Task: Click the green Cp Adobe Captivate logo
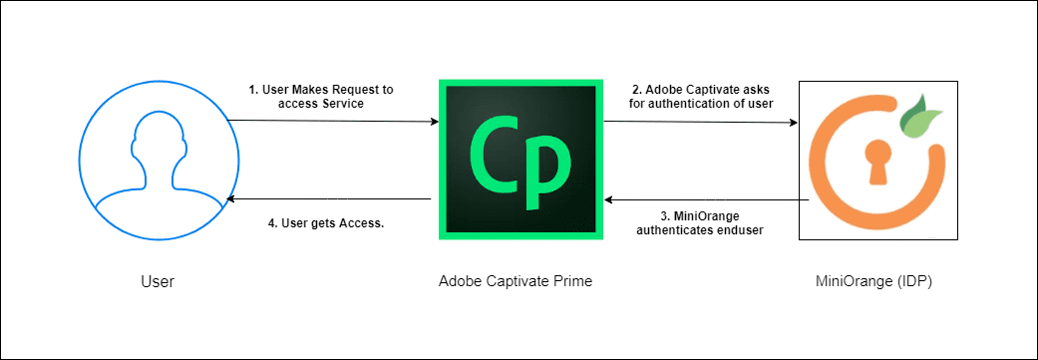click(519, 160)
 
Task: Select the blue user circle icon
click(154, 161)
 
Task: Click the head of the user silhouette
click(154, 135)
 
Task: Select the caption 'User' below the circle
click(157, 281)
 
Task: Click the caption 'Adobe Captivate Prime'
click(516, 281)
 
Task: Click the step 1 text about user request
click(321, 96)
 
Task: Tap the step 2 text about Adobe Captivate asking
click(700, 96)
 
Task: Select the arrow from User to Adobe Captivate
click(333, 122)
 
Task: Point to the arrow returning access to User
click(329, 200)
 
